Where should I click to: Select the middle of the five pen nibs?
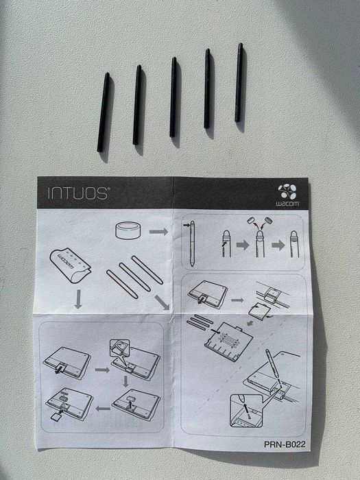173,97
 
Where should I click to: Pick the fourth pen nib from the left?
207,88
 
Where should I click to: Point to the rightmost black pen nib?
239,82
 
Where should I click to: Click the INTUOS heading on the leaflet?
77,193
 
